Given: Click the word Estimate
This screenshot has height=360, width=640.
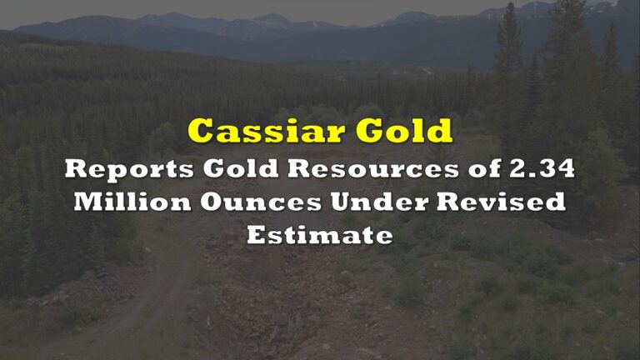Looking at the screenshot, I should (x=319, y=235).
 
